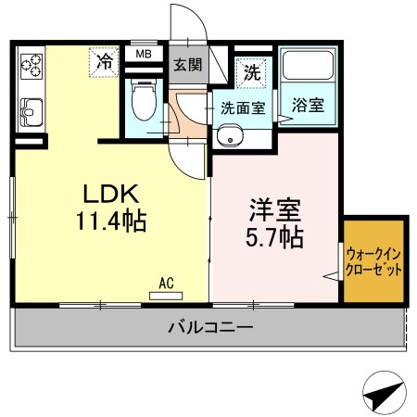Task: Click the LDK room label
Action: (111, 194)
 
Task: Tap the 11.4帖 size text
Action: (112, 221)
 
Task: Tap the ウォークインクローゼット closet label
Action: (374, 262)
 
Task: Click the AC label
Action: (168, 283)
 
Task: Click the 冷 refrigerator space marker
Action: (105, 63)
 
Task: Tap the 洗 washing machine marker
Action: (251, 69)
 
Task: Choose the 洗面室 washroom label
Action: (243, 107)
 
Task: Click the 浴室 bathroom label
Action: (308, 105)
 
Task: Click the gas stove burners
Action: (32, 65)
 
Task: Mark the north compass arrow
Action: (384, 393)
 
